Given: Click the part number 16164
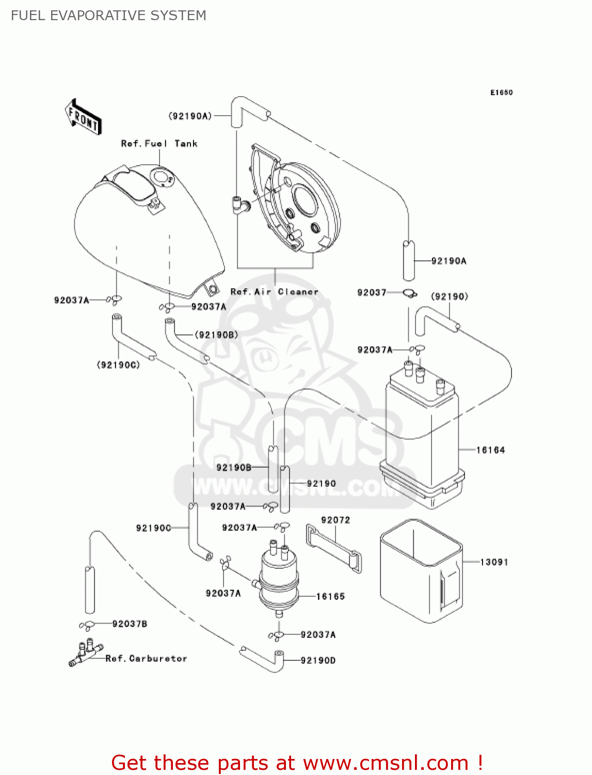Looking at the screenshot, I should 490,450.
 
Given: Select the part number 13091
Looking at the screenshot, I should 494,562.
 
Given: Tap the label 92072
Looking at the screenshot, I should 335,520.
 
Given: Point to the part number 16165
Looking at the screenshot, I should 330,596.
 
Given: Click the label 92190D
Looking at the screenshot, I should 318,660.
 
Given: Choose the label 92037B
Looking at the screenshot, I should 130,624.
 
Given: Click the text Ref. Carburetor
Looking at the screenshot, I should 146,658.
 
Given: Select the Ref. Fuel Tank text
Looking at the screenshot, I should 159,144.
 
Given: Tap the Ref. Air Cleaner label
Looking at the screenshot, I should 274,291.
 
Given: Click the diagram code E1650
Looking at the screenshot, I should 501,92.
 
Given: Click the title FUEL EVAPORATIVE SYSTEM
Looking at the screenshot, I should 108,16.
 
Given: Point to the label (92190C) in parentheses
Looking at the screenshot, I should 118,365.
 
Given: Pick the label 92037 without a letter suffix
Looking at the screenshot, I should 372,292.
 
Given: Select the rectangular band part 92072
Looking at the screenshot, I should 334,548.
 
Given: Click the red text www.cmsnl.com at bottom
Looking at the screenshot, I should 386,763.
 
